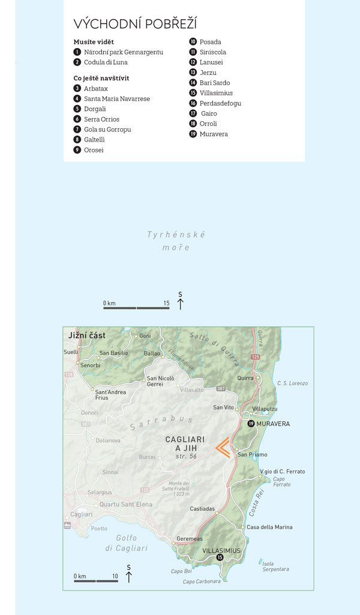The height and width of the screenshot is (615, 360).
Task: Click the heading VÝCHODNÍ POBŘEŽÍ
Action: pos(135,24)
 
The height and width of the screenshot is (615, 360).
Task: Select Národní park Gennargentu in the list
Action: pos(123,52)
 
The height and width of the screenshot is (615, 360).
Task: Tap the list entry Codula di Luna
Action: pos(106,62)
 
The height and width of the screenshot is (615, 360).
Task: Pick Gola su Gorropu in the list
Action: pos(107,130)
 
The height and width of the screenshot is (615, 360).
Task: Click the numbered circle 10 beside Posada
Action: pos(193,42)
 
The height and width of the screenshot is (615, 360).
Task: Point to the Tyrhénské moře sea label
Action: pos(176,241)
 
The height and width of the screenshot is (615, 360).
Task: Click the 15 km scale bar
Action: pos(136,308)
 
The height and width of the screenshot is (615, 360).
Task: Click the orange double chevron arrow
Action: pos(222,448)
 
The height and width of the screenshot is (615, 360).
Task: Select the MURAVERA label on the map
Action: pos(273,424)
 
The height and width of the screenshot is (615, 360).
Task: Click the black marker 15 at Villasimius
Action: pos(220,558)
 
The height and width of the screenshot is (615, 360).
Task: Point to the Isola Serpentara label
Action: pos(275,566)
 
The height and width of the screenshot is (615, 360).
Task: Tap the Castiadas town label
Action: pos(202,508)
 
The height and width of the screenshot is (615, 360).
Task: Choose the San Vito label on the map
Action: pos(223,407)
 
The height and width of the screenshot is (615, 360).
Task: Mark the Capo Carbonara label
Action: pos(202,581)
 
